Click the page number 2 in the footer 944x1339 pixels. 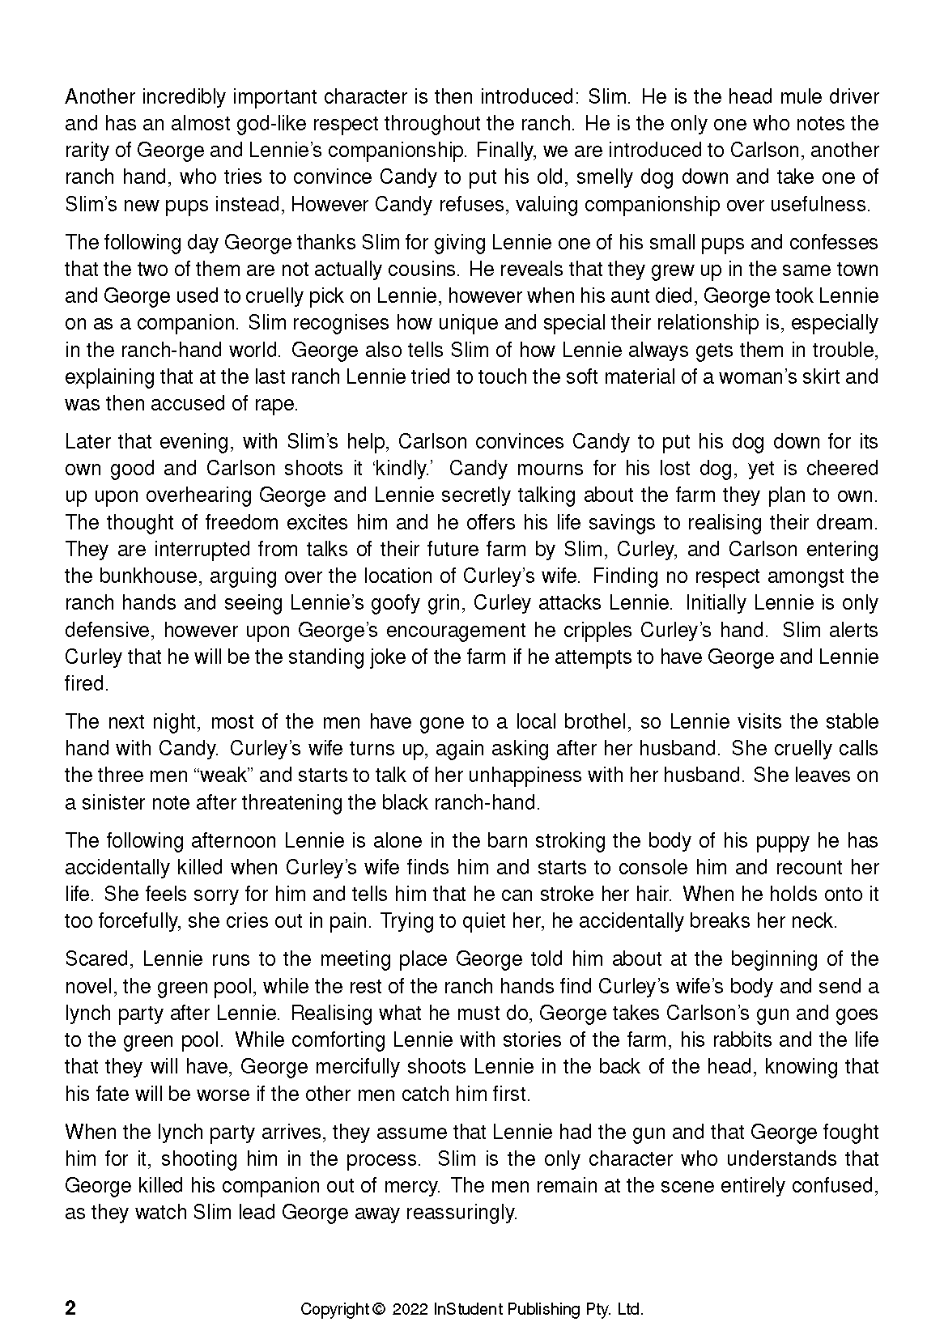click(70, 1309)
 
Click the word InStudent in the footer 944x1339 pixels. click(466, 1309)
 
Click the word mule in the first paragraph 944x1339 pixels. click(778, 97)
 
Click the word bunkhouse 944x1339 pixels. click(152, 576)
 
